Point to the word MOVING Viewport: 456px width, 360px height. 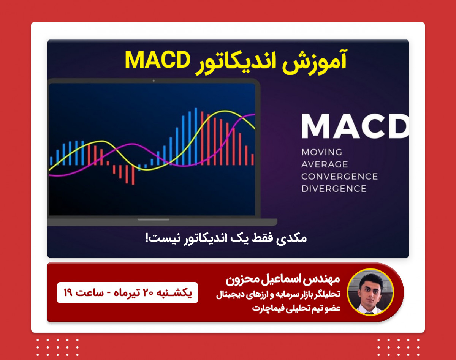tap(322, 152)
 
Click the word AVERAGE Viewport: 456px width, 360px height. tap(325, 164)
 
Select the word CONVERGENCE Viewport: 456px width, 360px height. tap(339, 177)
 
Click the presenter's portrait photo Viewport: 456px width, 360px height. tap(370, 292)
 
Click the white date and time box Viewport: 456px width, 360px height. tap(127, 293)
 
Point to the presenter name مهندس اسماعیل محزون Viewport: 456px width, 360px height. tap(283, 280)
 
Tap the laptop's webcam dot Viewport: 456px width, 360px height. tap(154, 81)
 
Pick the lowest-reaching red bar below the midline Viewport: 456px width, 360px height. tap(133, 175)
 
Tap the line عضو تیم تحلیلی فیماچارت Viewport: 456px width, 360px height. tap(296, 308)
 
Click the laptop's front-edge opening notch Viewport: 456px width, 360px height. tap(154, 219)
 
